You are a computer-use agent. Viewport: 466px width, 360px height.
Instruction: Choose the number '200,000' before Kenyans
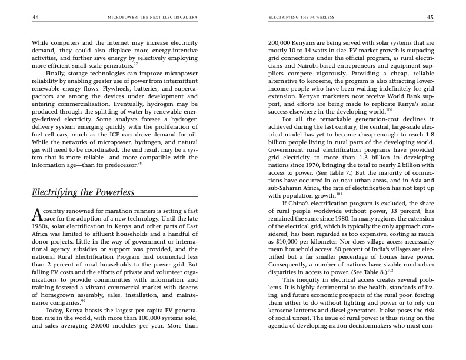(281, 43)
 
